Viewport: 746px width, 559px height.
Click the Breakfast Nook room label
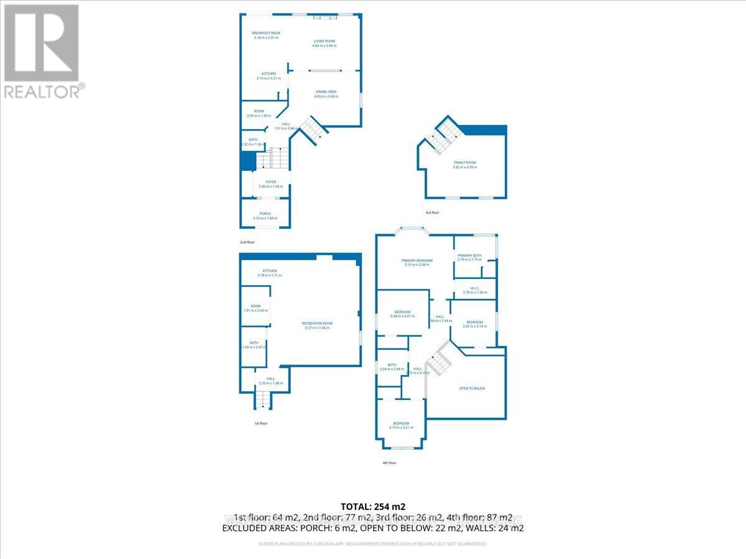[x=266, y=33]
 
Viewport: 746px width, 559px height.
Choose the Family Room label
[x=465, y=163]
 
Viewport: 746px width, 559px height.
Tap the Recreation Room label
[x=317, y=323]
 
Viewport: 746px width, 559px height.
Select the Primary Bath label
[x=469, y=255]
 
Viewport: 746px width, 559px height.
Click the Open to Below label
[x=472, y=388]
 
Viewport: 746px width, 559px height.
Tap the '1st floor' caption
[x=260, y=423]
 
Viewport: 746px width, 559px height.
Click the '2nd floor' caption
[x=247, y=242]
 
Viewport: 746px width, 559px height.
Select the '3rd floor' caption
[x=432, y=212]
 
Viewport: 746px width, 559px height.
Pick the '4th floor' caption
[x=389, y=463]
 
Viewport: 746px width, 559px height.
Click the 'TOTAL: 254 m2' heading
[x=372, y=506]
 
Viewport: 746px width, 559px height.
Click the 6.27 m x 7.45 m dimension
[x=317, y=327]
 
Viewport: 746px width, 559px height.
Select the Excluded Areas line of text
[x=372, y=528]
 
